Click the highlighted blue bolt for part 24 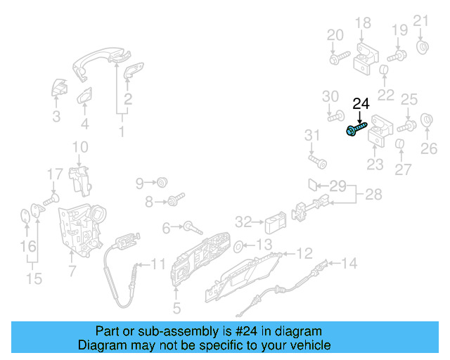[x=356, y=129]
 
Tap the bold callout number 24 [x=361, y=104]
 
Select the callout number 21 [x=420, y=20]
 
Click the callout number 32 [x=243, y=222]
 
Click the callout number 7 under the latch [x=72, y=271]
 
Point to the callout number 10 [x=80, y=147]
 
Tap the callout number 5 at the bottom [x=176, y=307]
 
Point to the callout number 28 [x=373, y=195]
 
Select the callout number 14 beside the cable [x=349, y=264]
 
